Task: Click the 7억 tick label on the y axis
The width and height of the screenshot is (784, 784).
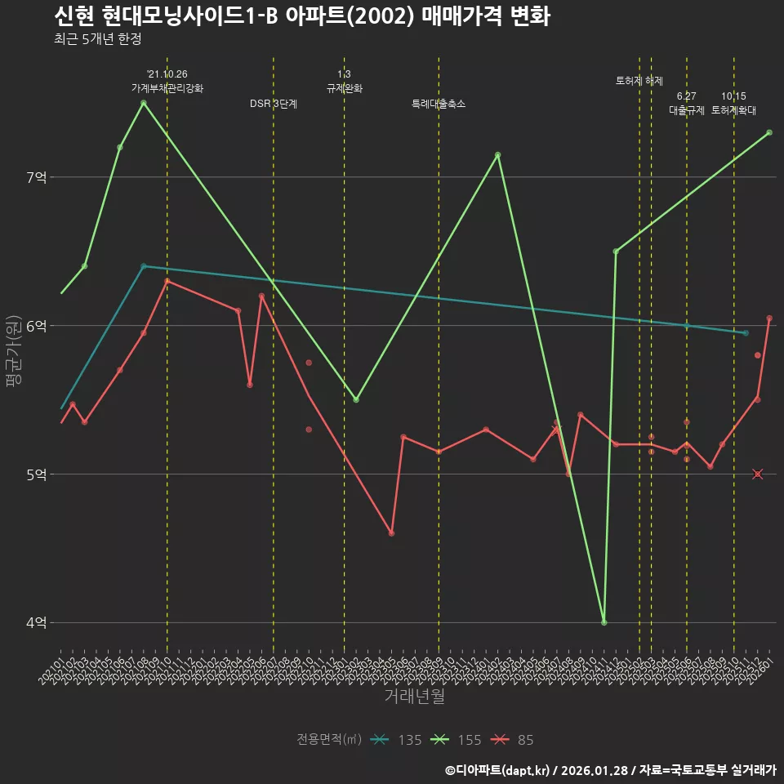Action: (x=37, y=177)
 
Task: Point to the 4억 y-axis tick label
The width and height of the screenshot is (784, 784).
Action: (x=37, y=622)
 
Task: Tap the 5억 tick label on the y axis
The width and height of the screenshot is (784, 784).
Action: (x=37, y=474)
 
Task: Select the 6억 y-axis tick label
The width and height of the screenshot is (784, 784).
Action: (x=37, y=326)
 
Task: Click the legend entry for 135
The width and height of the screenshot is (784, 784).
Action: (x=396, y=740)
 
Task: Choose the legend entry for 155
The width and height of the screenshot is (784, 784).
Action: (x=457, y=740)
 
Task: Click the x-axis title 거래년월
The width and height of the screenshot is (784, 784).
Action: (x=414, y=696)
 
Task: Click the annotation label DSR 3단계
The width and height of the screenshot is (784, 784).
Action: (x=274, y=104)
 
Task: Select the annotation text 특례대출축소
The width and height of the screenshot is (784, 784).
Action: (x=439, y=104)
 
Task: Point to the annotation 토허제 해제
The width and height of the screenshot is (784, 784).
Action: (x=639, y=81)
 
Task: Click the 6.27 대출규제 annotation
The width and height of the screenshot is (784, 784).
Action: (x=687, y=103)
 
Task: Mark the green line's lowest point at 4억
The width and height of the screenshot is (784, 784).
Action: (x=604, y=622)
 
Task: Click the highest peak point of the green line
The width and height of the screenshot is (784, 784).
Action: (x=144, y=103)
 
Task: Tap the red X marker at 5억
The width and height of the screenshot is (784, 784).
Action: (x=758, y=474)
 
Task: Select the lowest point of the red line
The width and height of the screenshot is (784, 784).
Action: (x=392, y=533)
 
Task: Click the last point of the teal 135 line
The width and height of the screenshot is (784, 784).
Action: (x=746, y=333)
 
